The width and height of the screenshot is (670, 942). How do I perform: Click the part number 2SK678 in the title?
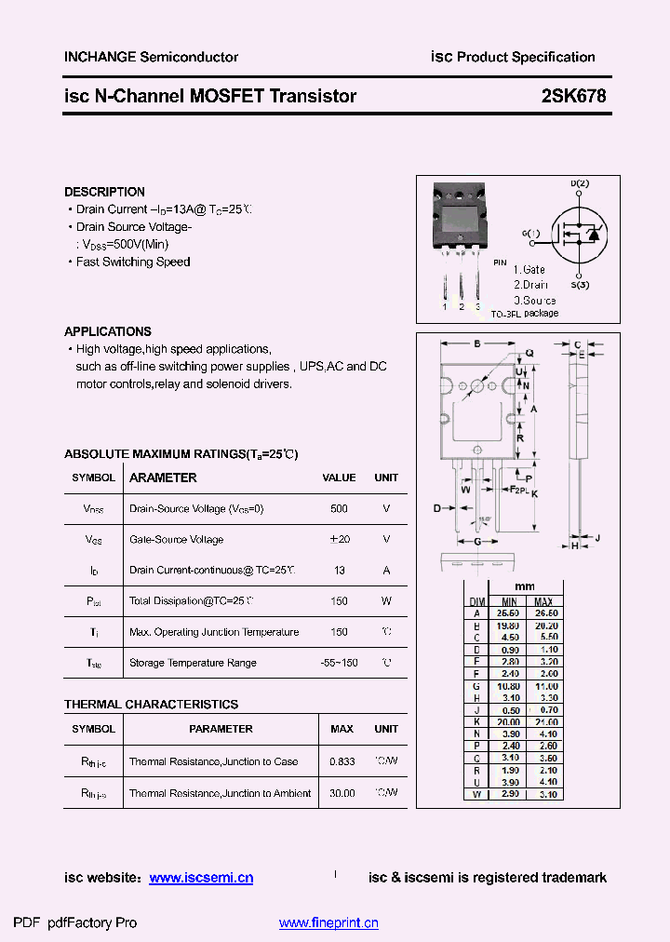(573, 95)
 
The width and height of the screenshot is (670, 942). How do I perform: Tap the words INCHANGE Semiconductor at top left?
(151, 57)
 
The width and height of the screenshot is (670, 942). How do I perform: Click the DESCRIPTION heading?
(104, 192)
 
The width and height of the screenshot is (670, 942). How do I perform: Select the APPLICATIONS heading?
(107, 331)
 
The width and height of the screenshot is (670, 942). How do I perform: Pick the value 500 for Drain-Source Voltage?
(339, 509)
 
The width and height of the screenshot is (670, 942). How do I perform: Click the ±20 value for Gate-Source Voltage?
(339, 540)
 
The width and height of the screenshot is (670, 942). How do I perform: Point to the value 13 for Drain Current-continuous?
(339, 571)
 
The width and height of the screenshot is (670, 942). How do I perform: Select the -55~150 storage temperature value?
(339, 663)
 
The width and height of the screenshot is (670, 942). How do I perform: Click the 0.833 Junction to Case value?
(342, 761)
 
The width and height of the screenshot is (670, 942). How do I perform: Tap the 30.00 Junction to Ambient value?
(342, 793)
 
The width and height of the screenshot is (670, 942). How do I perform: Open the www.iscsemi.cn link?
(201, 878)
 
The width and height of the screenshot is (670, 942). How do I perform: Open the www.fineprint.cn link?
(328, 923)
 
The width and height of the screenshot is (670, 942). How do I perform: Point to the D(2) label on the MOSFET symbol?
(580, 184)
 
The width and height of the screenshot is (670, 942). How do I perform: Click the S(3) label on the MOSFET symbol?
(580, 284)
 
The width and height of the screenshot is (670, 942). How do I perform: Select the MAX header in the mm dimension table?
(544, 601)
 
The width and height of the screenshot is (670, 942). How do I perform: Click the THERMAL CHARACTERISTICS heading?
(151, 705)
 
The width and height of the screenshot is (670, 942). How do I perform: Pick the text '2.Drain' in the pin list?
(530, 285)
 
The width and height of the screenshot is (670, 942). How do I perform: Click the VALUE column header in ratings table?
(339, 478)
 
